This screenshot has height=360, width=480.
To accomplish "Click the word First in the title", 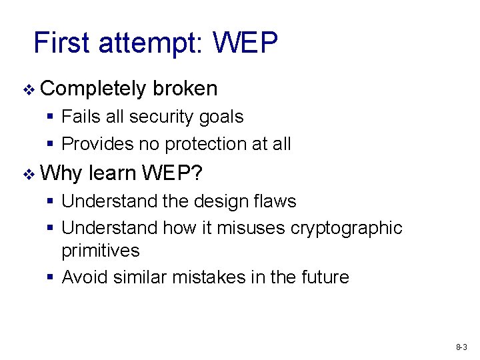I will point(61,43).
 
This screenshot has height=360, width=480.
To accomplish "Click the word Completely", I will point(93,89).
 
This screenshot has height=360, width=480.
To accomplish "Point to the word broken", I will point(185,88).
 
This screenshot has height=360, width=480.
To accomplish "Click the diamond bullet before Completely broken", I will point(27,89).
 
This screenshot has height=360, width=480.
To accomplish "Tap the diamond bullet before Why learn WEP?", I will point(27,175).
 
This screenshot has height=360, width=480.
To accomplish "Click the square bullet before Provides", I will point(51,144).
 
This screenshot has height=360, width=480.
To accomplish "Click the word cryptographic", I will point(347,229).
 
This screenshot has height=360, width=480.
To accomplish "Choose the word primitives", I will point(101,251).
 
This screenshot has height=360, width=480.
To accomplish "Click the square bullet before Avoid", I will point(51,277).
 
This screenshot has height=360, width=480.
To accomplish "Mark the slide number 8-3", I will point(461,347).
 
